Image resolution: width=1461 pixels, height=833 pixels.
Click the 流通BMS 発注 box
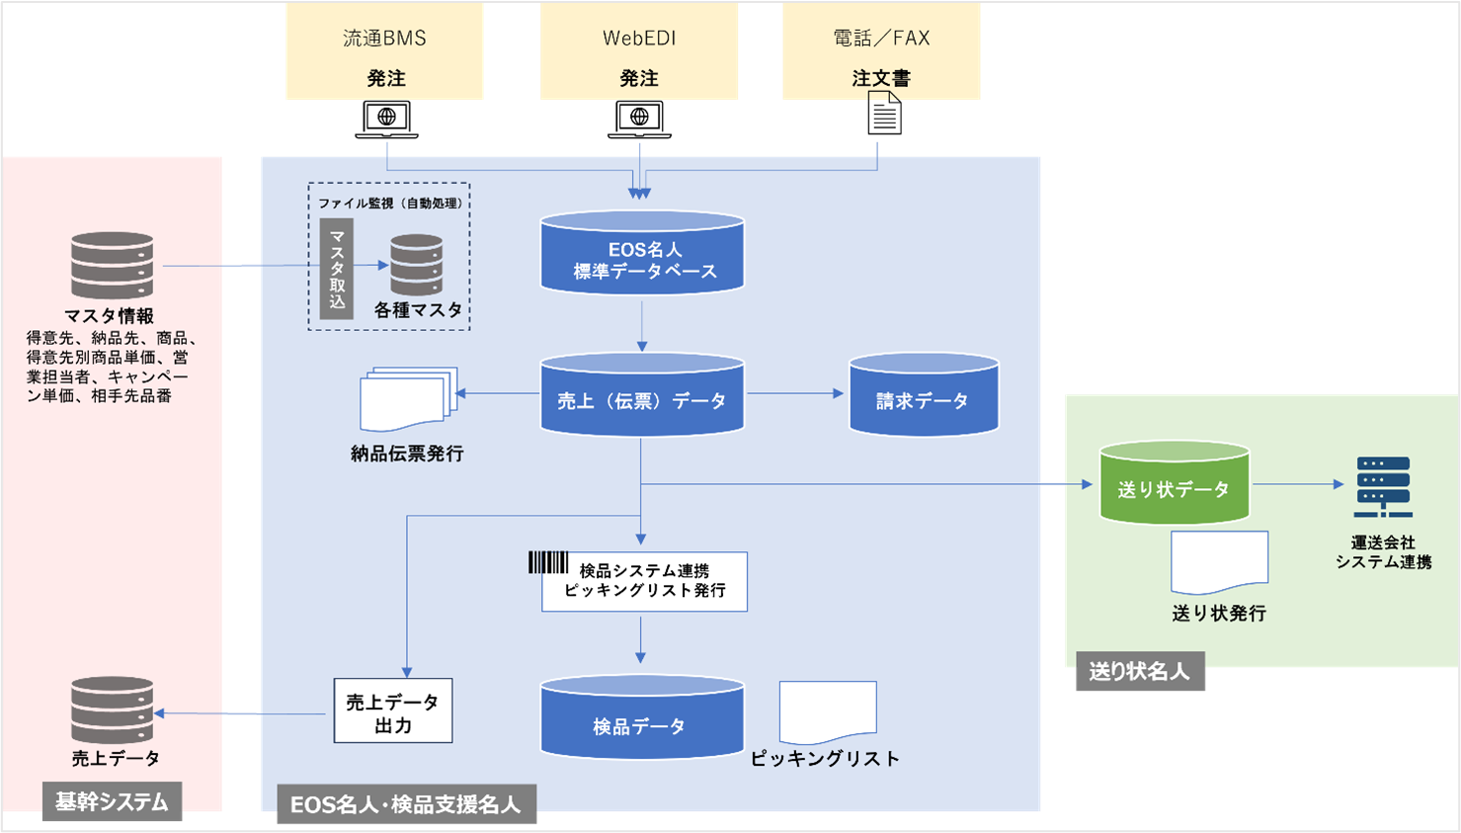tap(384, 51)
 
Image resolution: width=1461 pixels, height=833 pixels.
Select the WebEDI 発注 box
tap(639, 51)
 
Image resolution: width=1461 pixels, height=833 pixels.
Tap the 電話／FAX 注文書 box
tap(881, 51)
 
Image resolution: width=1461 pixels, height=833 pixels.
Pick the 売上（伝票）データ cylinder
tap(642, 395)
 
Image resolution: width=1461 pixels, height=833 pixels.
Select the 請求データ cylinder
tap(924, 395)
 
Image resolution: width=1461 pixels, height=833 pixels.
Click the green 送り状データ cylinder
tap(1175, 483)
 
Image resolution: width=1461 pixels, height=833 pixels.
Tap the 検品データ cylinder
tap(642, 718)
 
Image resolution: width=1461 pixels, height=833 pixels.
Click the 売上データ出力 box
tap(393, 710)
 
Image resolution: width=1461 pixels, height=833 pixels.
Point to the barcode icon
tap(548, 562)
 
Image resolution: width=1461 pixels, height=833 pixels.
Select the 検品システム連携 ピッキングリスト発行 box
tap(644, 582)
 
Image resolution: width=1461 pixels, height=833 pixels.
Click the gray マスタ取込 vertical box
tap(337, 269)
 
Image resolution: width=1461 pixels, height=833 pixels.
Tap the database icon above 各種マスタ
tap(416, 265)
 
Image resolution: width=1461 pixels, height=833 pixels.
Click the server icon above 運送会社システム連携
tap(1383, 487)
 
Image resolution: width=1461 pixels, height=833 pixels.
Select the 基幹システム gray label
tap(112, 801)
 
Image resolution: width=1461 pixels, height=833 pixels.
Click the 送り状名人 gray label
tap(1139, 672)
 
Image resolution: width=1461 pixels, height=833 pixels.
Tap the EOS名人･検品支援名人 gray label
tap(405, 804)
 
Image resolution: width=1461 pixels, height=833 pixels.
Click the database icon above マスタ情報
tap(113, 266)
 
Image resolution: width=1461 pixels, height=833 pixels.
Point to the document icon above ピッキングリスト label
tap(828, 711)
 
